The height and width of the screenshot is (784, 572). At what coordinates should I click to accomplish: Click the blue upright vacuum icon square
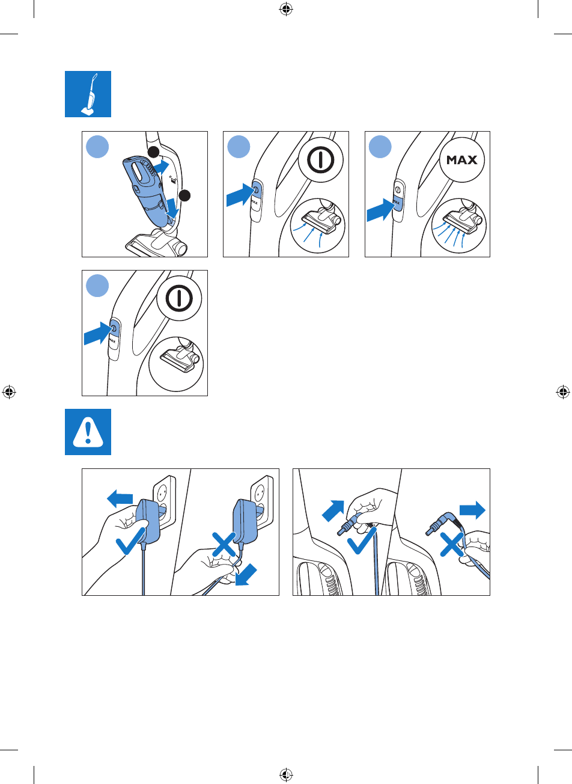pos(88,94)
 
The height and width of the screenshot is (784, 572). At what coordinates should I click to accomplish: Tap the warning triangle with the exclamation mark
pos(88,432)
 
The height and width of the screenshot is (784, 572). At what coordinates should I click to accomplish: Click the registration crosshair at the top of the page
pos(286,9)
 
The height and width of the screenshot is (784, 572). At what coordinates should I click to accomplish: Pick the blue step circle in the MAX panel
pos(380,147)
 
